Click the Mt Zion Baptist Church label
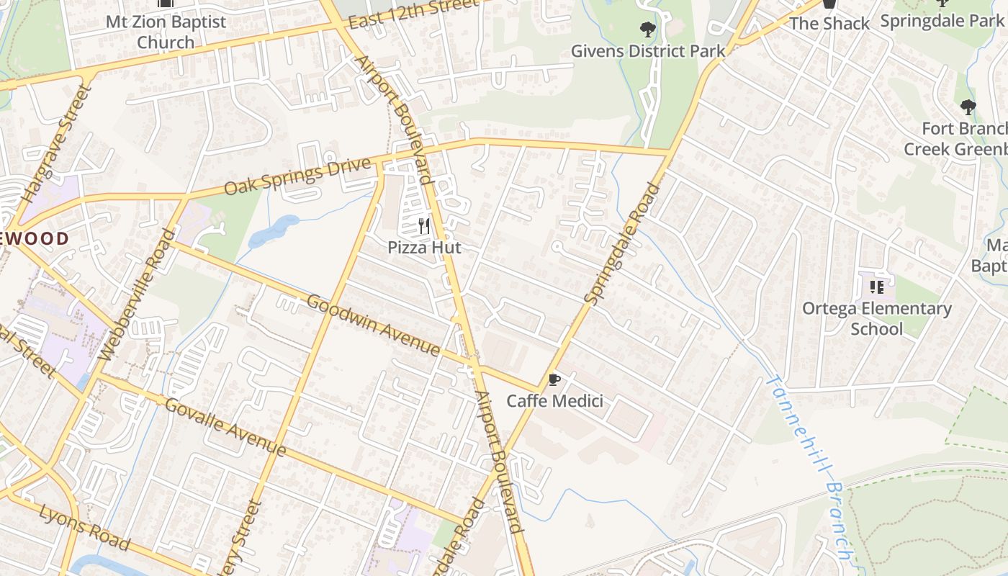pyautogui.click(x=166, y=32)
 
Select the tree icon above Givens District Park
pyautogui.click(x=648, y=30)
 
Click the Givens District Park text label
pyautogui.click(x=648, y=51)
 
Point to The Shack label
pyautogui.click(x=829, y=23)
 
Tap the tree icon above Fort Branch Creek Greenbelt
pyautogui.click(x=968, y=108)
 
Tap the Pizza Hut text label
pyautogui.click(x=424, y=247)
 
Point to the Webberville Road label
pyautogui.click(x=137, y=295)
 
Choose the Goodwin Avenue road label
pyautogui.click(x=373, y=325)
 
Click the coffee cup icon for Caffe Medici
pyautogui.click(x=554, y=379)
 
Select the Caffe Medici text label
pyautogui.click(x=554, y=400)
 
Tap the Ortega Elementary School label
pyautogui.click(x=876, y=318)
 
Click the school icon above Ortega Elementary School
pyautogui.click(x=876, y=287)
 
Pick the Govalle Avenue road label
pyautogui.click(x=225, y=426)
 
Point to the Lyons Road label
pyautogui.click(x=75, y=523)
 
